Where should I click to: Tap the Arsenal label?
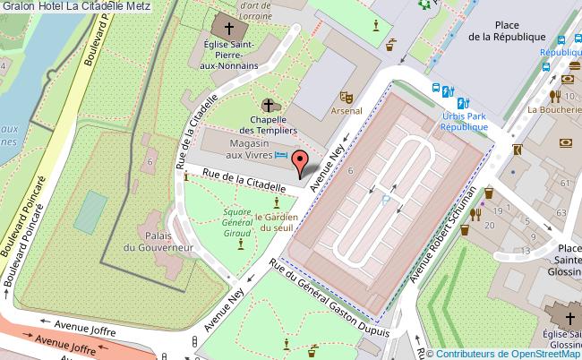(x=347, y=111)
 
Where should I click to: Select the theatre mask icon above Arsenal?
(x=347, y=97)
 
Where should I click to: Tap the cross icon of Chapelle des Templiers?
(x=268, y=106)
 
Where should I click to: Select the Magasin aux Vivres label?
(x=249, y=149)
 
